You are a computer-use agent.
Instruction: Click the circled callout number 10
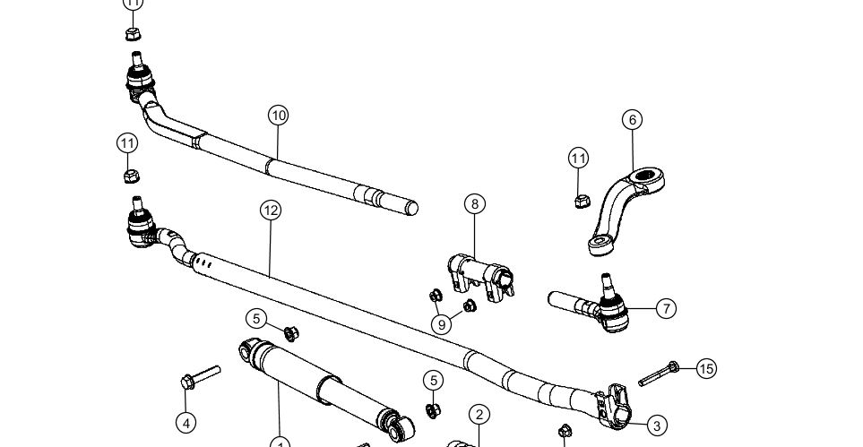pos(278,115)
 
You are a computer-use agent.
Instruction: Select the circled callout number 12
pos(271,210)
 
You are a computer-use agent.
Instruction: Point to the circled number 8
pos(475,203)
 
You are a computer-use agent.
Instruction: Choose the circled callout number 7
pos(665,308)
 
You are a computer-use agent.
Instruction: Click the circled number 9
pos(440,324)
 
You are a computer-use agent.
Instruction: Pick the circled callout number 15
pos(706,368)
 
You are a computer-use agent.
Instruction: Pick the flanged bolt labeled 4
pos(199,376)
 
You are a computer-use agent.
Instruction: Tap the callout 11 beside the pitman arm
pos(579,159)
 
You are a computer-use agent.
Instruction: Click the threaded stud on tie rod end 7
pos(608,285)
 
